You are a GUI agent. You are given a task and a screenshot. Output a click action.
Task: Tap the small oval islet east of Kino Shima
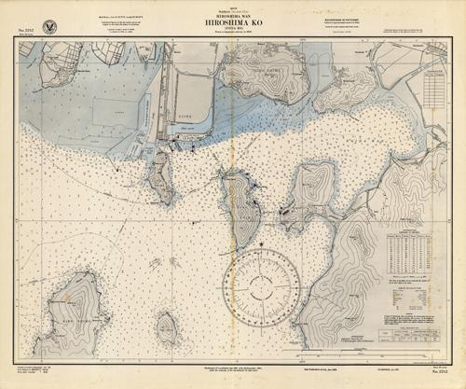tap(168, 327)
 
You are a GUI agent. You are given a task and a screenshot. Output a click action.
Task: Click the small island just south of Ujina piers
tap(159, 177)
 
